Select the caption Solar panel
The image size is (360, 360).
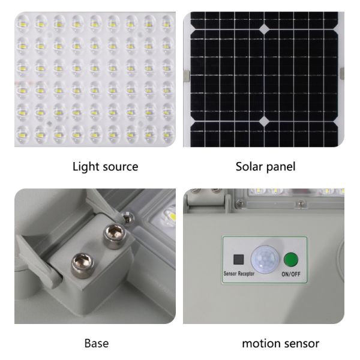265,166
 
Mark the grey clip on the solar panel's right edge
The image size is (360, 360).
341,73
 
